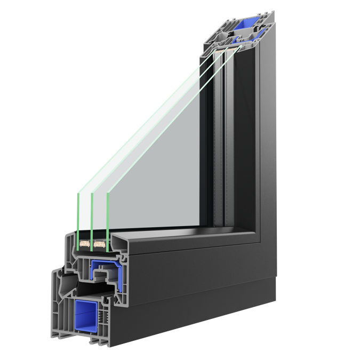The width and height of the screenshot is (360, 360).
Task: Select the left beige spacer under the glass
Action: coord(84,244)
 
